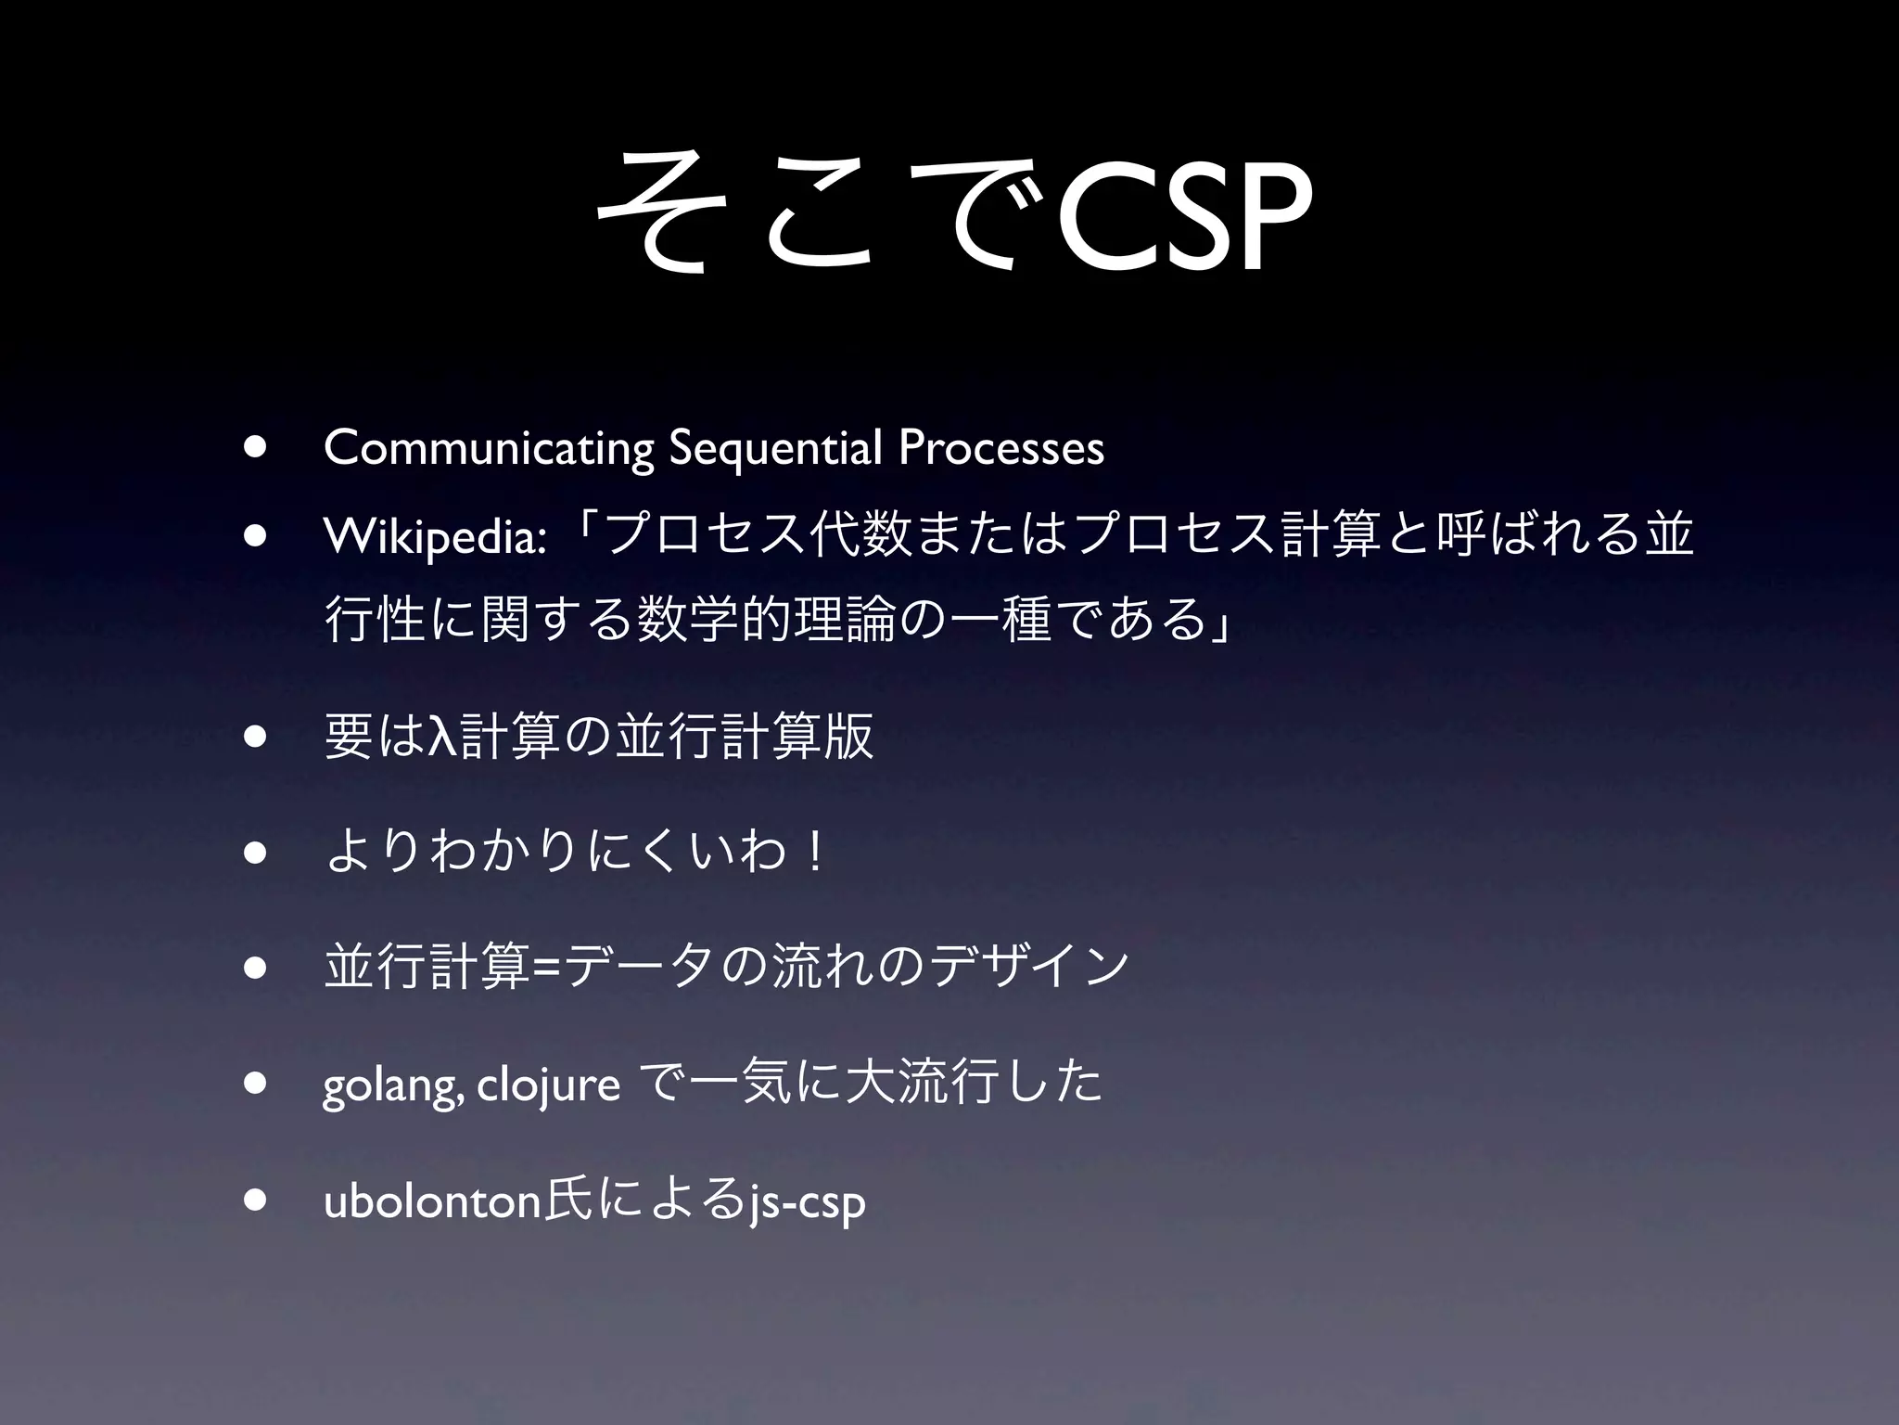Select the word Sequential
tap(774, 448)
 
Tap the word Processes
tap(1001, 448)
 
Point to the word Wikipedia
tap(432, 537)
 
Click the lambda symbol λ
tap(443, 738)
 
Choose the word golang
tap(390, 1085)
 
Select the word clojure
tap(548, 1083)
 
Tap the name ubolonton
tap(431, 1201)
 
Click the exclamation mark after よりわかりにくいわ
tap(815, 853)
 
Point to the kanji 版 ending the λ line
tap(848, 738)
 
